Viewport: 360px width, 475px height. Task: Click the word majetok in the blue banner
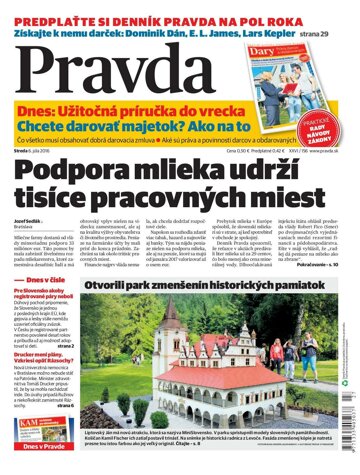point(174,128)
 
